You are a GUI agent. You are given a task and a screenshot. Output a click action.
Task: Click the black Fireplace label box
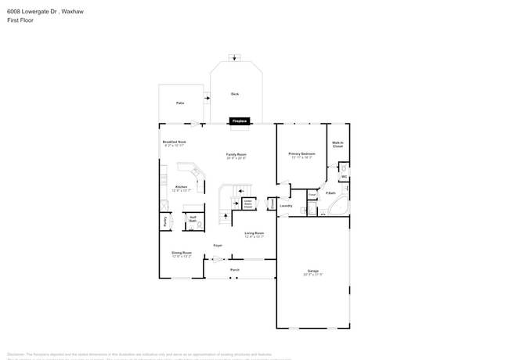coord(240,121)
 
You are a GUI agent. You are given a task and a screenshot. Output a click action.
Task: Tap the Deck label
coord(234,94)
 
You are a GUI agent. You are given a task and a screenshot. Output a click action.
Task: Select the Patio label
coord(180,103)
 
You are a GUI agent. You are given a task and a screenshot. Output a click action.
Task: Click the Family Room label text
coord(236,155)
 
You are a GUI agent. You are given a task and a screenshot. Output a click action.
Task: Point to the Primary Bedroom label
coord(301,155)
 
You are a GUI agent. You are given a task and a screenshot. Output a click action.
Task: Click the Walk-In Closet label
coord(338,145)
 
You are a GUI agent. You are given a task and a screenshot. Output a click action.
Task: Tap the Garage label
coord(312,272)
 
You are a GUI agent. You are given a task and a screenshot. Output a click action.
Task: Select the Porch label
coord(234,270)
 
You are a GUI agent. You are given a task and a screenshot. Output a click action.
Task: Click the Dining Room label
coord(182,254)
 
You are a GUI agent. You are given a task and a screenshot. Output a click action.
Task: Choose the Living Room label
coord(254,234)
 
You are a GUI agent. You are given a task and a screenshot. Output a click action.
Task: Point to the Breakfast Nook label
coord(174,143)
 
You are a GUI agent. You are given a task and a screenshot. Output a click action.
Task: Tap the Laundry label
coord(286,206)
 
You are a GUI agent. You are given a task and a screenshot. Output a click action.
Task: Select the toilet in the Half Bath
coord(199,225)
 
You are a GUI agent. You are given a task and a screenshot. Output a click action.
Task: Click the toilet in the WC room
coord(342,168)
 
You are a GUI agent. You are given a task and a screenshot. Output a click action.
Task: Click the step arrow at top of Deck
coord(231,56)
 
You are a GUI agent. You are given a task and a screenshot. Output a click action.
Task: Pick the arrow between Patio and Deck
coord(208,98)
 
